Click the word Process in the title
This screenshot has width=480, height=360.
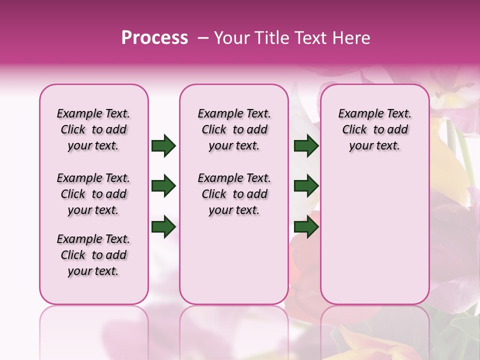pyautogui.click(x=154, y=37)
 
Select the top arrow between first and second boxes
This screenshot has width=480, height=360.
pyautogui.click(x=163, y=146)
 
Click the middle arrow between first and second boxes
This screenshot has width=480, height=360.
pyautogui.click(x=163, y=186)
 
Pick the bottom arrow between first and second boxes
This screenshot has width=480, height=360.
pyautogui.click(x=163, y=226)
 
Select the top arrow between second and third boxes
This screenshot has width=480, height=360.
pyautogui.click(x=306, y=146)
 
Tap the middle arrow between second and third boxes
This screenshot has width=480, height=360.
pyautogui.click(x=306, y=186)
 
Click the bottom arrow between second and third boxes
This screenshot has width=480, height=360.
pyautogui.click(x=306, y=226)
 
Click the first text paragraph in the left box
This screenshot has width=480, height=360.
pyautogui.click(x=93, y=129)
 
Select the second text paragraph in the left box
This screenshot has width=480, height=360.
pyautogui.click(x=93, y=194)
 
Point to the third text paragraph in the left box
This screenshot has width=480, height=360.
pyautogui.click(x=93, y=255)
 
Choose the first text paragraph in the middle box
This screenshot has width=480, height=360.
pyautogui.click(x=234, y=129)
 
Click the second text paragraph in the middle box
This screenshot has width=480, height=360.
pyautogui.click(x=234, y=194)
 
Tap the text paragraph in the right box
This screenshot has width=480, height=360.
pyautogui.click(x=374, y=129)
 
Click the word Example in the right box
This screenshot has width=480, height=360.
pyautogui.click(x=357, y=114)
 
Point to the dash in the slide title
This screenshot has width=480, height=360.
pyautogui.click(x=202, y=37)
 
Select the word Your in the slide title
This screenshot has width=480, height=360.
pyautogui.click(x=231, y=37)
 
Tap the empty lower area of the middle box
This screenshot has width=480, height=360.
pyautogui.click(x=234, y=260)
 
